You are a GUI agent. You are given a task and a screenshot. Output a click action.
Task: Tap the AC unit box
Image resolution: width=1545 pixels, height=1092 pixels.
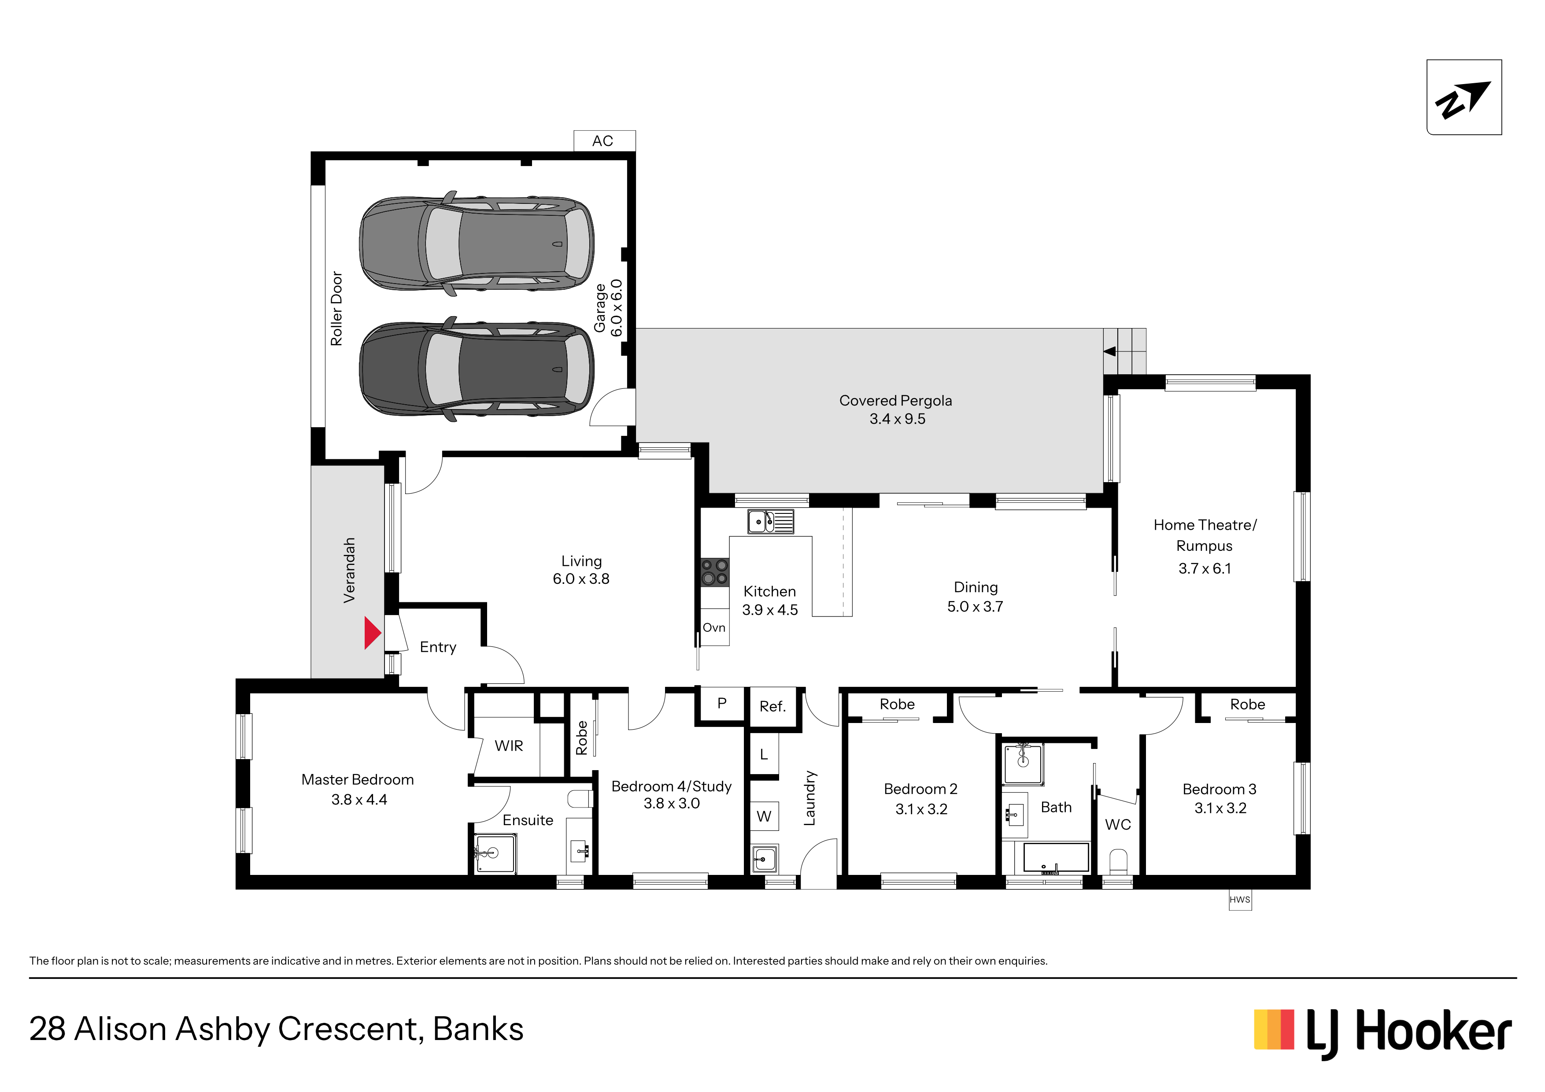(x=604, y=140)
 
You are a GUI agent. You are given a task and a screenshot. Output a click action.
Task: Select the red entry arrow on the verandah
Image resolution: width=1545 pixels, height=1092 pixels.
(x=372, y=633)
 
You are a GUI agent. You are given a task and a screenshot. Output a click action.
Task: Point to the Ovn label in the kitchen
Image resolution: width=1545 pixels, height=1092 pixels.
(x=714, y=628)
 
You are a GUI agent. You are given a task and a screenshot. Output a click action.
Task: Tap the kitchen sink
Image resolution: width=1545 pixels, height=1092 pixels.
(x=770, y=521)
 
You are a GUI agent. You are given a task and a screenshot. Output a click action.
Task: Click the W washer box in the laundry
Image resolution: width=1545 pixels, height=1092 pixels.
(x=765, y=816)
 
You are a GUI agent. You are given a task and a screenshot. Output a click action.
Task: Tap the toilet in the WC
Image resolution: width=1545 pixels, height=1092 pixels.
(x=1118, y=862)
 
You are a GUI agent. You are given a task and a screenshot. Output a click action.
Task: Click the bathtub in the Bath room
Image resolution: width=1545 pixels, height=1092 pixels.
(x=1056, y=859)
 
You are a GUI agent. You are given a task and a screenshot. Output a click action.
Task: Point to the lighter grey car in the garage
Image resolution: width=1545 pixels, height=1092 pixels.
(x=477, y=243)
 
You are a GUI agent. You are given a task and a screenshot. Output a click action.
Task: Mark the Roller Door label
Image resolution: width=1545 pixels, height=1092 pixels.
(x=336, y=309)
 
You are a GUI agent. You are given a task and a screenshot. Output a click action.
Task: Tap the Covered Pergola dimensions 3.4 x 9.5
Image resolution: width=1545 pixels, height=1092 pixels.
(x=897, y=419)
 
